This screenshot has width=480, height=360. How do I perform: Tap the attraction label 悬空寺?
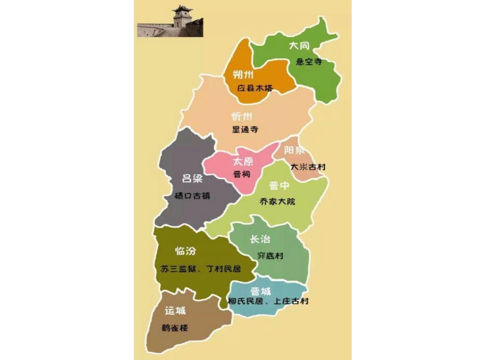point(309,62)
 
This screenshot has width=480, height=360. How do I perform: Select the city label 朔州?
point(243,75)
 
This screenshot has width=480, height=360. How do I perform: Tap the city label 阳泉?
point(294,150)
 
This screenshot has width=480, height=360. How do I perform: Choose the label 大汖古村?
point(308,167)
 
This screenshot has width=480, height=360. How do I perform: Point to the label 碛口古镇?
point(191,196)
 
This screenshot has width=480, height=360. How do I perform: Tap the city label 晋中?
point(279,186)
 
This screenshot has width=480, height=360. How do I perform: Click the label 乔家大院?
point(277,201)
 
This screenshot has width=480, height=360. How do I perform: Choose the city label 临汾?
point(185,251)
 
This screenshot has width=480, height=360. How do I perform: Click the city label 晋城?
point(260,291)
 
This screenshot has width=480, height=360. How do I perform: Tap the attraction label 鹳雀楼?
point(175,328)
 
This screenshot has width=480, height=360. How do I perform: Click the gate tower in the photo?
point(181,17)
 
